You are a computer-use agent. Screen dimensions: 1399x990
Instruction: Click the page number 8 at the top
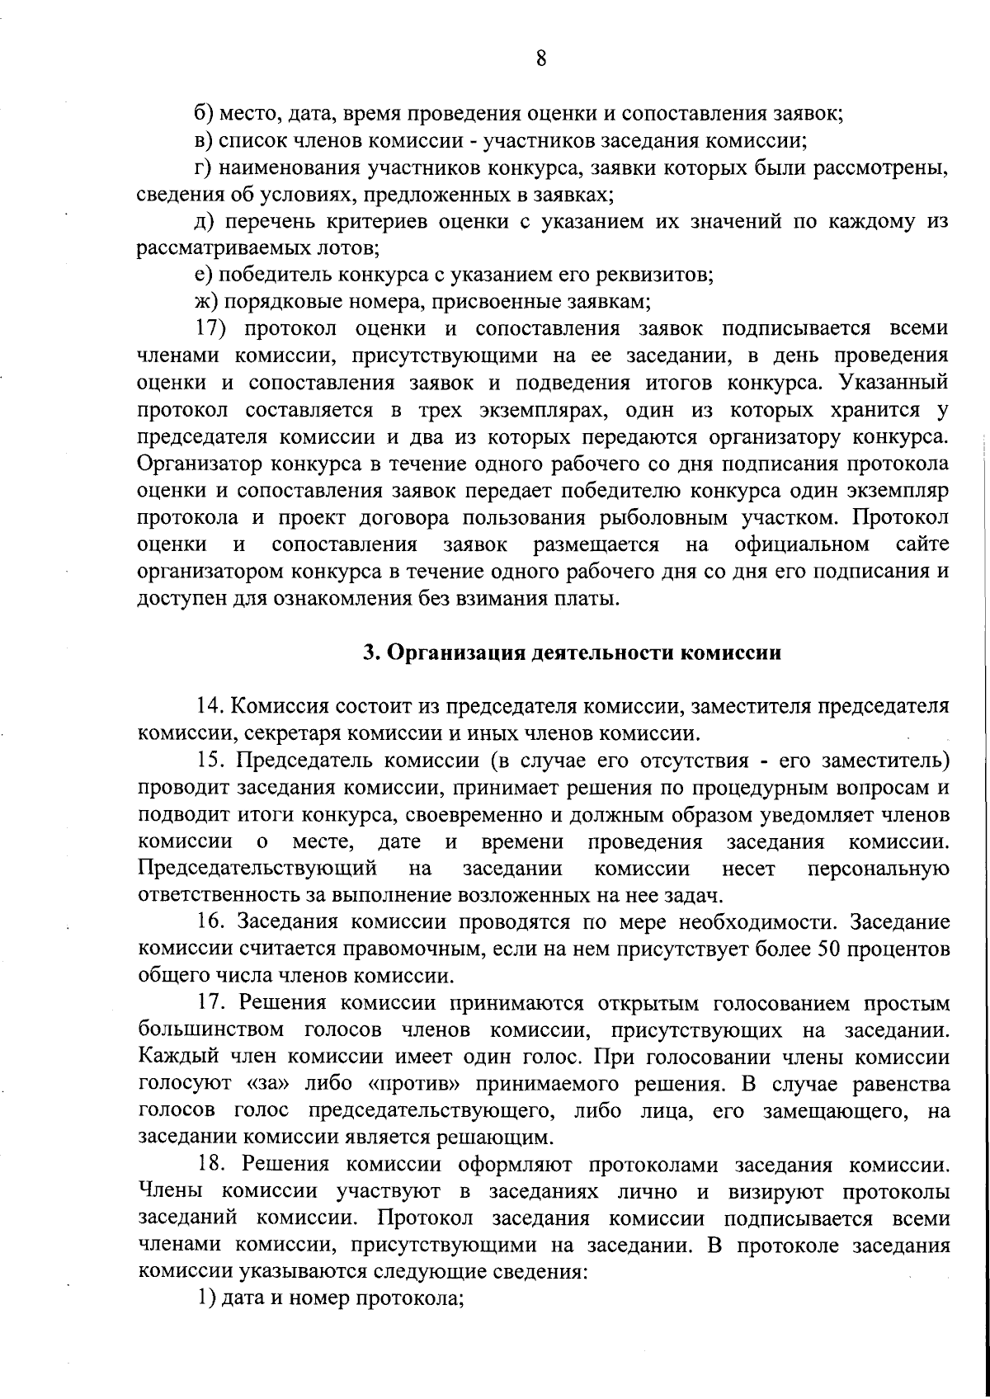click(540, 59)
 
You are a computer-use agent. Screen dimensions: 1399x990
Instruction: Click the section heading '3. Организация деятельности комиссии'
click(573, 652)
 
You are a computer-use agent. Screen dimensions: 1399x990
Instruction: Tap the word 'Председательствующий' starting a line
click(257, 868)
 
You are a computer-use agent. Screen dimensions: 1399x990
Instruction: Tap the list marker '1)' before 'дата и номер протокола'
click(205, 1299)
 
